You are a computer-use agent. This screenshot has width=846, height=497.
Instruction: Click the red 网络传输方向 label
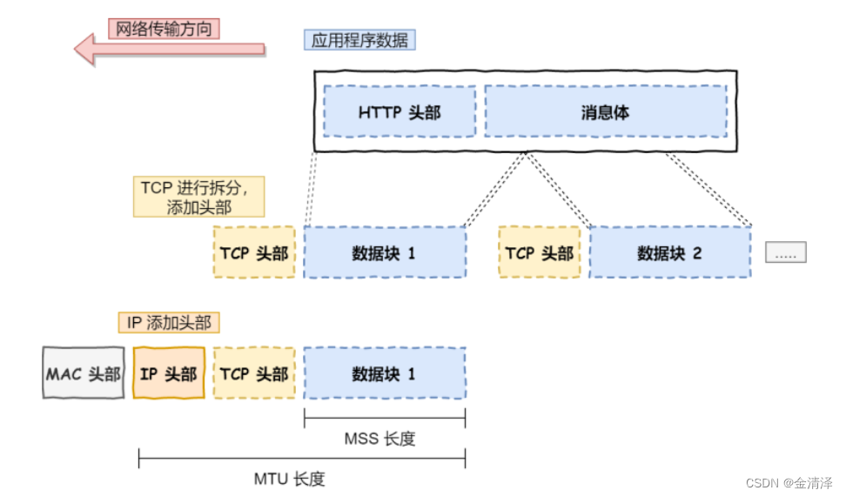[164, 28]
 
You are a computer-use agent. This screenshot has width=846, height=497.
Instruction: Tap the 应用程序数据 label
[359, 40]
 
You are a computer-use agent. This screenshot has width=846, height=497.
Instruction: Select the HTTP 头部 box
[399, 111]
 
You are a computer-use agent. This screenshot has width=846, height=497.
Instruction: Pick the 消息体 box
[605, 111]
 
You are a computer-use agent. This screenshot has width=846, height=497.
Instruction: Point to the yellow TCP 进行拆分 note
[198, 198]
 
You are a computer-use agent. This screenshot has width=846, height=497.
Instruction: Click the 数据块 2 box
[669, 252]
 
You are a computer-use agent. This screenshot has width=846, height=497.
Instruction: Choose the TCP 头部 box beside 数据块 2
[540, 252]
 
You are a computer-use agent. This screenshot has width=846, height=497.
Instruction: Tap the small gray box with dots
[786, 252]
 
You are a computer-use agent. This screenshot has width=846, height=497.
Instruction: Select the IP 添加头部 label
[169, 323]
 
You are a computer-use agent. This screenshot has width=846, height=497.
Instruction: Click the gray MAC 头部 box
[84, 373]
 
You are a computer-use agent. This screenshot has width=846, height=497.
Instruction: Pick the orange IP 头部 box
[169, 373]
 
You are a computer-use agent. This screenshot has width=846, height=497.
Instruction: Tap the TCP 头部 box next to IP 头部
[253, 373]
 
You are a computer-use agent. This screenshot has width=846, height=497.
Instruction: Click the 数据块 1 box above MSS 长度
[384, 373]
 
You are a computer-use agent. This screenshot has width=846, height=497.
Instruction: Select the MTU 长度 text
[290, 479]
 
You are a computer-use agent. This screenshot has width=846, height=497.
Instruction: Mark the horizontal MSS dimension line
[384, 419]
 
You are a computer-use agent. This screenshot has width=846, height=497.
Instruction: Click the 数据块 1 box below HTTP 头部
[384, 252]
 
